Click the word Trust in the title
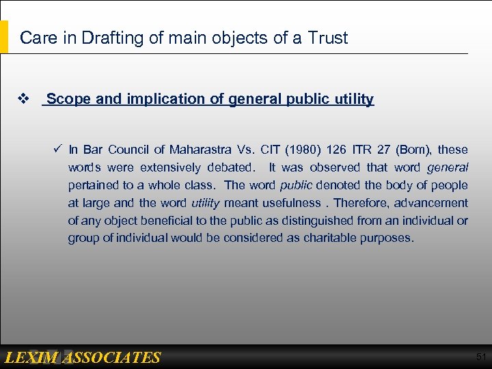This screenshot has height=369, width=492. [x=327, y=38]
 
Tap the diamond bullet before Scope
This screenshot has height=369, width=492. [x=23, y=99]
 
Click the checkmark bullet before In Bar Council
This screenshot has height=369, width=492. [x=58, y=149]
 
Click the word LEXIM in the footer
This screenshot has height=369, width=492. [x=31, y=357]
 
